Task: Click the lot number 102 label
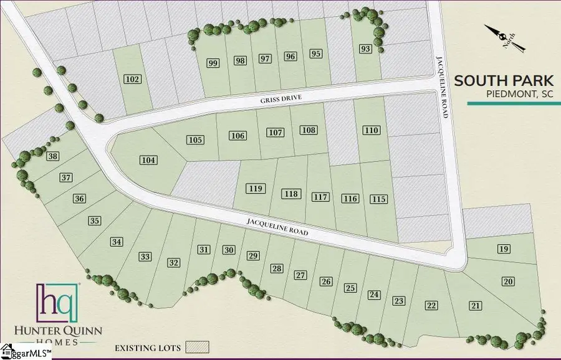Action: point(133,79)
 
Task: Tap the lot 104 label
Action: point(148,160)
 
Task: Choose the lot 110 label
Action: point(372,130)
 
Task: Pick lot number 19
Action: point(504,249)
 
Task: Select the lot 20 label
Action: point(509,282)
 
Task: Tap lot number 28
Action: point(277,269)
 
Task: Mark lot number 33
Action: point(145,257)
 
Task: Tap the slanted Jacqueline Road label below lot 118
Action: point(277,227)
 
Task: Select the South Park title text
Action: point(503,80)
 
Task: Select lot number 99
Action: point(213,63)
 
